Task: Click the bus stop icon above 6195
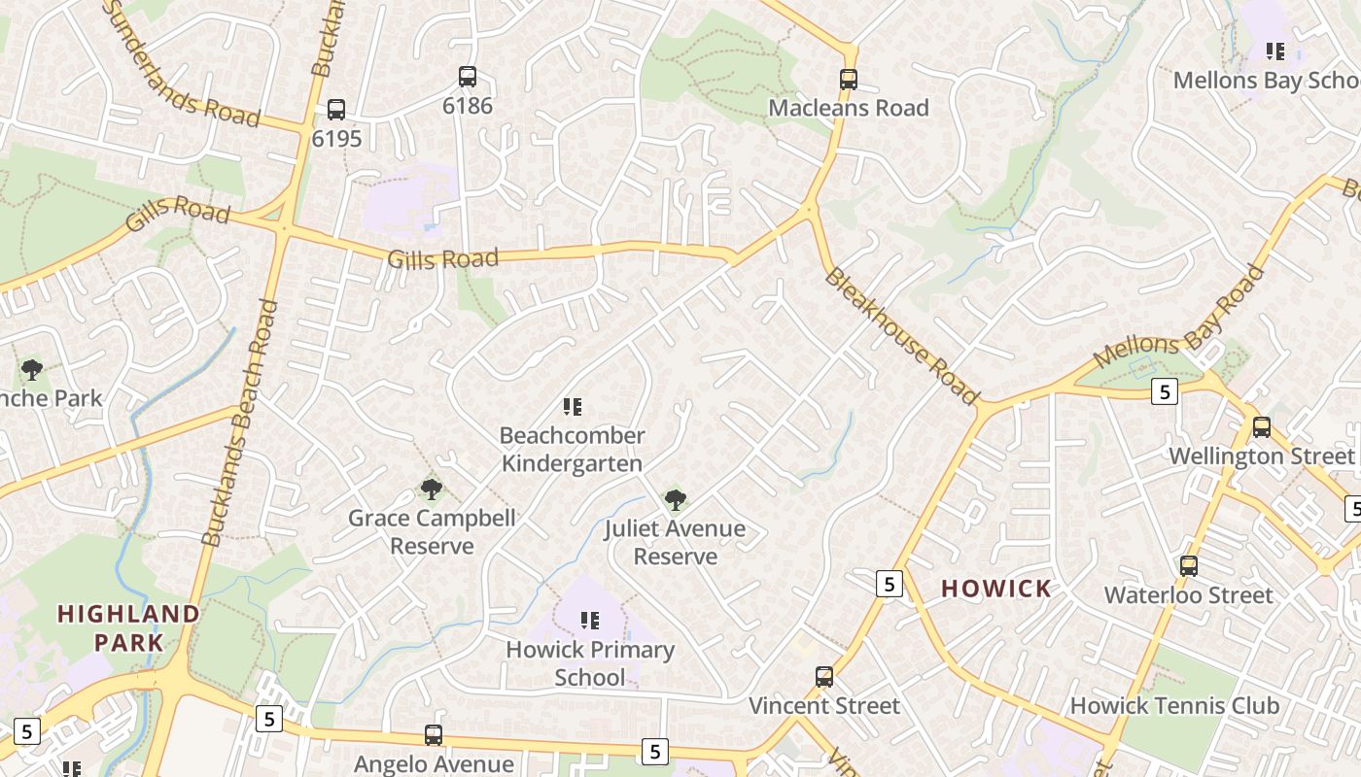point(336,109)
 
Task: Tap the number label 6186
point(468,105)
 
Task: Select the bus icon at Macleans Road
point(849,79)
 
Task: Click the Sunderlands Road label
point(179,64)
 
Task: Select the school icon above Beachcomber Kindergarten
point(573,406)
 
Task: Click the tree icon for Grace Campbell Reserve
point(432,489)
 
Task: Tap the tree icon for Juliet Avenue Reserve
point(675,499)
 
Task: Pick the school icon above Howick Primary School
point(590,620)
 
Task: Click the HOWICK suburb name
point(996,588)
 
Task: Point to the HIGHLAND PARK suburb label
point(128,627)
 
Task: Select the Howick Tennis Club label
point(1174,705)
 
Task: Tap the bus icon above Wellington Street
point(1261,426)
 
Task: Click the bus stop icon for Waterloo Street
point(1188,565)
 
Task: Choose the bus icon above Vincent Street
point(824,676)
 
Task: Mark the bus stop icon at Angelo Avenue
point(434,735)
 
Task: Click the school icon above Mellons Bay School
point(1275,51)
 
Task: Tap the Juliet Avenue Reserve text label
point(675,542)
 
